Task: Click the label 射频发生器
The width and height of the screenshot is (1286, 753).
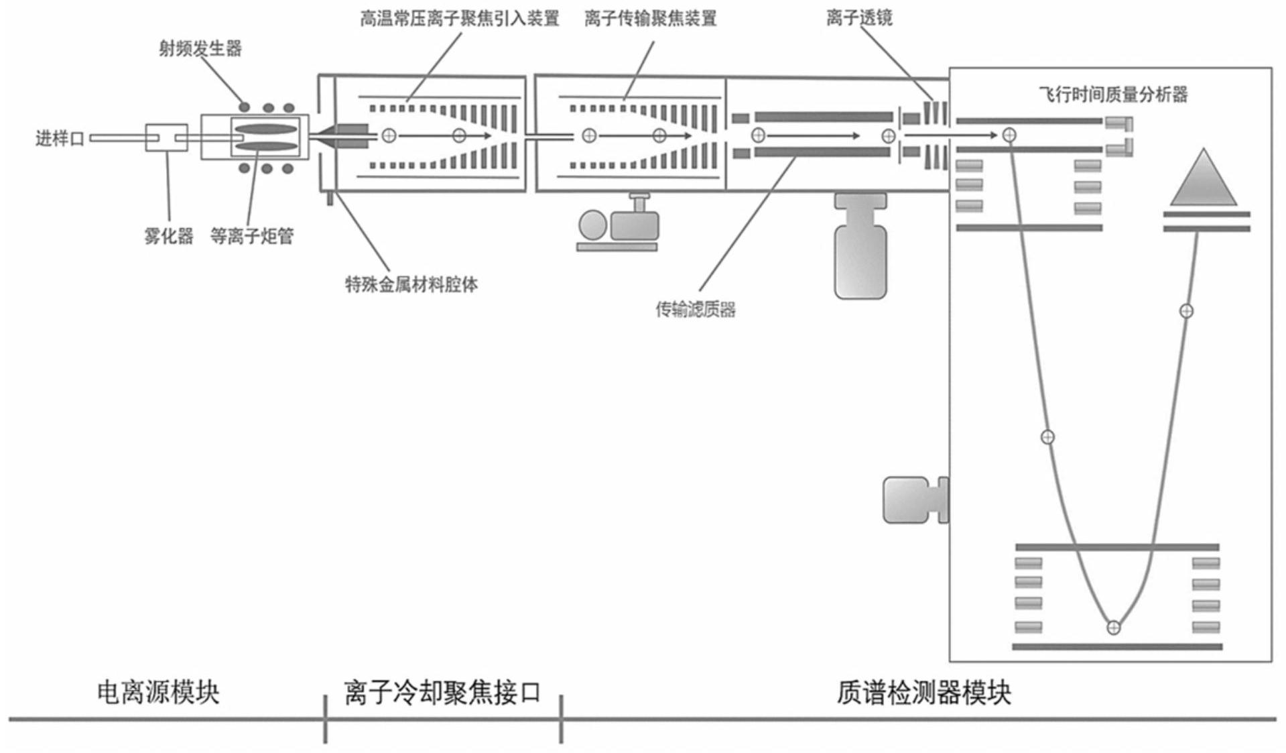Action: [x=200, y=49]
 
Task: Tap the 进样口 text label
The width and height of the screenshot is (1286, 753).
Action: [x=60, y=139]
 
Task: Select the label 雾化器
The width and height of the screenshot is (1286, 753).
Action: [x=168, y=236]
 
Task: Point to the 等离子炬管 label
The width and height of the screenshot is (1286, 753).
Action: [x=251, y=236]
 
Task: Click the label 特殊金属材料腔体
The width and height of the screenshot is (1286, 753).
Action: [x=411, y=284]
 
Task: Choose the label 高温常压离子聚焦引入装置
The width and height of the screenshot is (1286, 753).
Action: [x=459, y=18]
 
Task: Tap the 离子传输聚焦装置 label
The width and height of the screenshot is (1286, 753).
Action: [x=650, y=18]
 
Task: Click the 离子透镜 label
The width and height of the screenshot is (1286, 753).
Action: [x=859, y=18]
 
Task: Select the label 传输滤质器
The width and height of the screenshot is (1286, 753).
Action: [x=695, y=309]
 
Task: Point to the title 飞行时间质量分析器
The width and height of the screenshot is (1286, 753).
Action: [x=1113, y=95]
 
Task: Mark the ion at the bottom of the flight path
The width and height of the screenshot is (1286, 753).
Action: [x=1113, y=628]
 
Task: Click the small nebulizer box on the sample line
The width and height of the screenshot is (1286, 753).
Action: [x=166, y=137]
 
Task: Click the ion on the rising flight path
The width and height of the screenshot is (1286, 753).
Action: [x=1186, y=311]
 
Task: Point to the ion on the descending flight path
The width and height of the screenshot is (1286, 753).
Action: [x=1047, y=437]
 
